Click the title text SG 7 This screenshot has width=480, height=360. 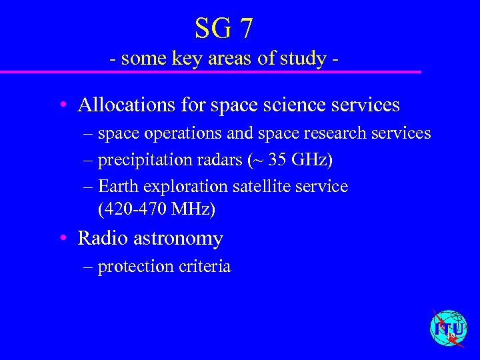tap(224, 28)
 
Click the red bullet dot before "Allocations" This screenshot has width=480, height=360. tap(61, 105)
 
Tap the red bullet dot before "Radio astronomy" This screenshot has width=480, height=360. tap(61, 238)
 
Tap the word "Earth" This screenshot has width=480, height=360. tap(118, 186)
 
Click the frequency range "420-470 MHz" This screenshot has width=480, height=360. tap(156, 209)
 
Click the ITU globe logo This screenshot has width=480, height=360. tap(449, 329)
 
